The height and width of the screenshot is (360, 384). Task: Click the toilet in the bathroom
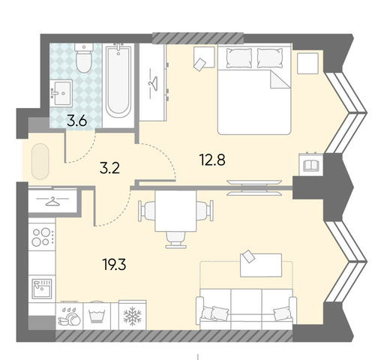pos(84,58)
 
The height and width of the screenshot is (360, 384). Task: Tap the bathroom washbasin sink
pos(61,93)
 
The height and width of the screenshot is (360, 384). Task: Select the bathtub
pos(118,81)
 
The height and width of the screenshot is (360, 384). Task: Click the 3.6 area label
pos(77,121)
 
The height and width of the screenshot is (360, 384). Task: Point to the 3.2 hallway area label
pos(109,169)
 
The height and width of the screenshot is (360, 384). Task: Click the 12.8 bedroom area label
pos(212,160)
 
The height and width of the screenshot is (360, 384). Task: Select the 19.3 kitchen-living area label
pos(114,265)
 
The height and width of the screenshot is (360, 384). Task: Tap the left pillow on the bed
pos(239,58)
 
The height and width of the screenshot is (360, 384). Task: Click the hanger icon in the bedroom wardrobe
pos(153,84)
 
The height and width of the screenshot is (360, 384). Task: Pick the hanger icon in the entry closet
pos(52,201)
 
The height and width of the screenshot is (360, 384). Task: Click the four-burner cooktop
pos(42,236)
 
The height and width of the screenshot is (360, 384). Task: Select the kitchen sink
pos(42,289)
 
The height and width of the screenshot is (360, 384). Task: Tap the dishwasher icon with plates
pos(69,316)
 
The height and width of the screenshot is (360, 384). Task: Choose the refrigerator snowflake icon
pos(133,316)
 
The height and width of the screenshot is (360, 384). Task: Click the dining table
pos(175,211)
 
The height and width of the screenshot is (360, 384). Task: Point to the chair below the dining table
pos(176,239)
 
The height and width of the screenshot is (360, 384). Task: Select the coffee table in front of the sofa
pos(261,265)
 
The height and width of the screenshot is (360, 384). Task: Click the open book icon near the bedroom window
pos(310,166)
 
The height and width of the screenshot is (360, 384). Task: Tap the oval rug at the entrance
pos(40,161)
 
